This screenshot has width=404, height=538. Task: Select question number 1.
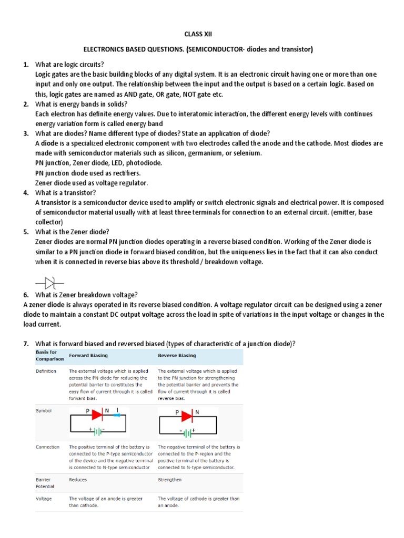pyautogui.click(x=25, y=64)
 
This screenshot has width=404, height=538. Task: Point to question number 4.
pyautogui.click(x=25, y=193)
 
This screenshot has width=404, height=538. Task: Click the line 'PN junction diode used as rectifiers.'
pyautogui.click(x=88, y=173)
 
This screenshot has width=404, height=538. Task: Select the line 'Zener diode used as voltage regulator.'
pyautogui.click(x=92, y=183)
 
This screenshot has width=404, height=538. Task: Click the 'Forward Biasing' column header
pyautogui.click(x=88, y=356)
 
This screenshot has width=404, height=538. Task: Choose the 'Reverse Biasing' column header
pyautogui.click(x=177, y=356)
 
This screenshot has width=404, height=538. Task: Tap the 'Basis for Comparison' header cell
pyautogui.click(x=49, y=355)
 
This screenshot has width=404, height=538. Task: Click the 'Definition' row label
pyautogui.click(x=46, y=371)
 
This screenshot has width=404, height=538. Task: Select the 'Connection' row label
pyautogui.click(x=47, y=447)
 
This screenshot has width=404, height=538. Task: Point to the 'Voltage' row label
pyautogui.click(x=44, y=499)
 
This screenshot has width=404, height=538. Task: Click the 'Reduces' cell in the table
pyautogui.click(x=78, y=480)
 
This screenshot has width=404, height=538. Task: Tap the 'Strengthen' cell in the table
pyautogui.click(x=169, y=480)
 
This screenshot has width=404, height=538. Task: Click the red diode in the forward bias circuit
pyautogui.click(x=97, y=415)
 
